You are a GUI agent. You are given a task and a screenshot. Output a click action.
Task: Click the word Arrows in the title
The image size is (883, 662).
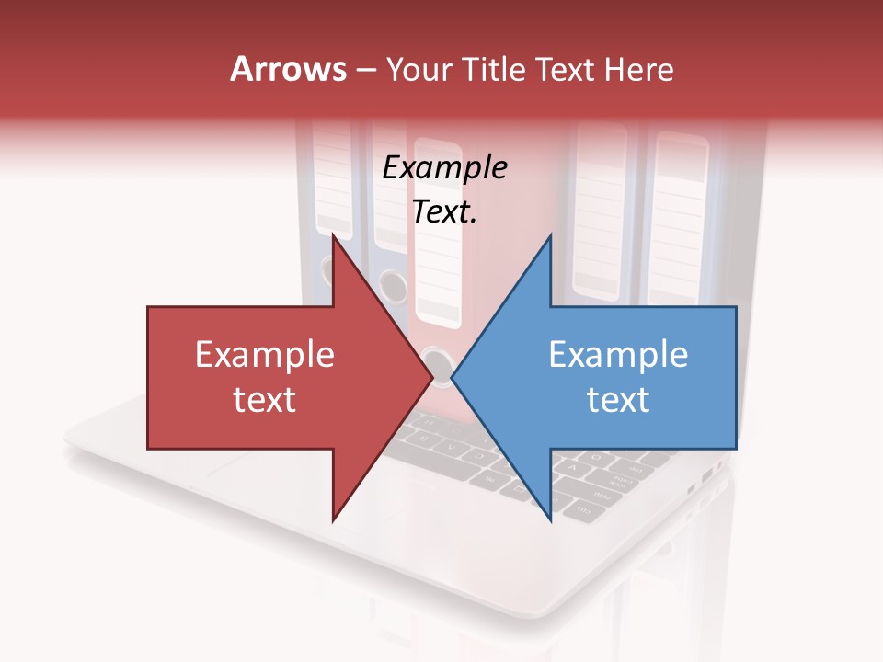[x=288, y=69]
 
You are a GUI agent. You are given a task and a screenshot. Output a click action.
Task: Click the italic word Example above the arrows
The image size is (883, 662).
[x=444, y=168]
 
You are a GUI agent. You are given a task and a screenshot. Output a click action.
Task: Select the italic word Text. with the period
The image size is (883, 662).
[x=444, y=212]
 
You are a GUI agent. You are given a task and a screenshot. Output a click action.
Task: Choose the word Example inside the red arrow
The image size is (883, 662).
[x=265, y=355]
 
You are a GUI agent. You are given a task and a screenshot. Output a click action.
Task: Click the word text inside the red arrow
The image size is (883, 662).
[x=265, y=399]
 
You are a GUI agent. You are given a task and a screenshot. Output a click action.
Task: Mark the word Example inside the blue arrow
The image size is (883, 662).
[x=618, y=355]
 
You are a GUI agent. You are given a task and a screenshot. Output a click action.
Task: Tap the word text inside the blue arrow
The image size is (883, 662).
[x=618, y=399]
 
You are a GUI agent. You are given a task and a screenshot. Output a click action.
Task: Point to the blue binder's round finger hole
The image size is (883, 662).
[x=393, y=286]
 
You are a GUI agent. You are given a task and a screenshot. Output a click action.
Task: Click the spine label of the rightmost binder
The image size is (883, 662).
[x=679, y=221]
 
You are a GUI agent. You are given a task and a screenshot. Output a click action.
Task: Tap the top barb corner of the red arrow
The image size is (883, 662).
[x=333, y=235]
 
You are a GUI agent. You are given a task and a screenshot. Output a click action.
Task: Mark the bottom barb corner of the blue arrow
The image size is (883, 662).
[x=551, y=520]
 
